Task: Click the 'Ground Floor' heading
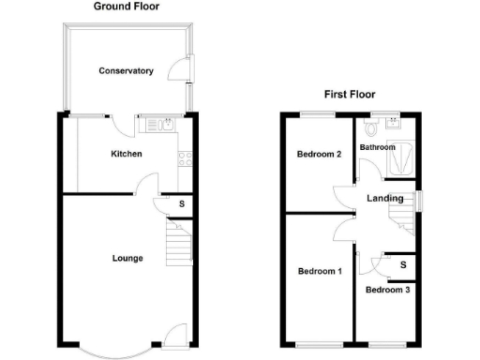127,7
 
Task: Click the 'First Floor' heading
349,94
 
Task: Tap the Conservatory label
127,70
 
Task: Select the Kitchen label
127,154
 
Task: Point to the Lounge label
127,258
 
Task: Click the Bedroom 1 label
320,272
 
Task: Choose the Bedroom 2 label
319,155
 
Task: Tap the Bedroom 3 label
387,290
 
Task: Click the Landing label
385,198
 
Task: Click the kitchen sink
165,123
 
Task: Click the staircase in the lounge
177,244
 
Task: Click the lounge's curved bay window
112,352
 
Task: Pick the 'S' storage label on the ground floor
182,204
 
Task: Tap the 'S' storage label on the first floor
403,265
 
